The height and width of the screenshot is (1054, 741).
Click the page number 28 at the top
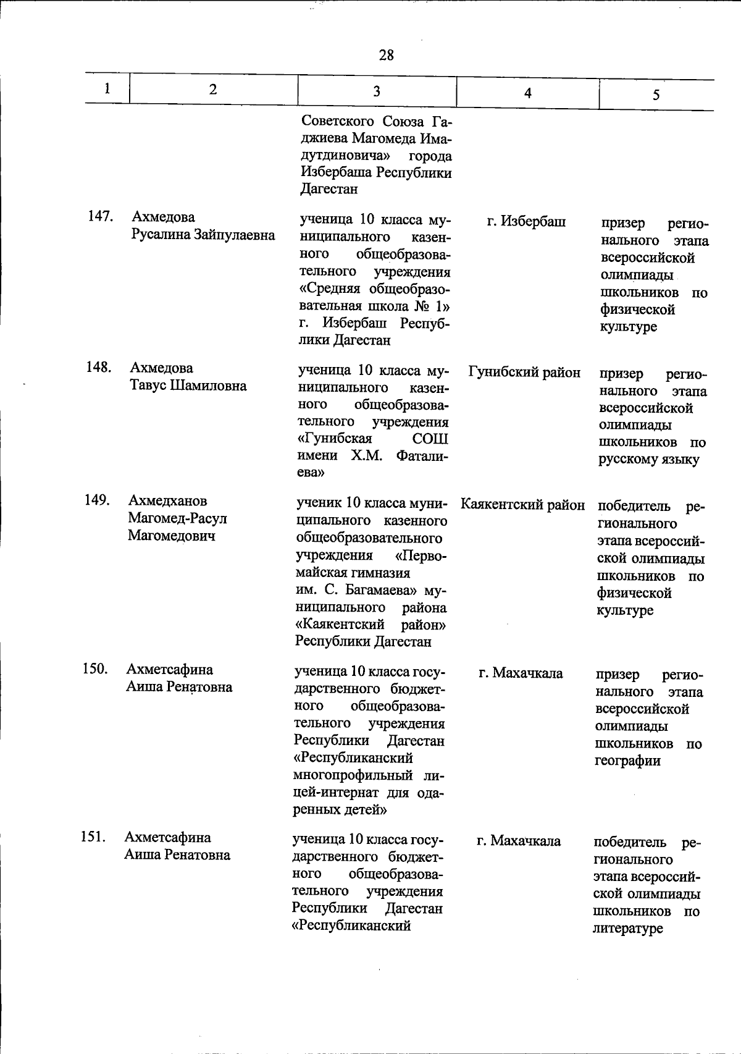(x=387, y=55)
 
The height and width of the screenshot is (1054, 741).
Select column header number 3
(x=376, y=91)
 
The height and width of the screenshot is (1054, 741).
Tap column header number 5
(x=656, y=95)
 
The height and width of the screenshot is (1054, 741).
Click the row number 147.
(x=100, y=216)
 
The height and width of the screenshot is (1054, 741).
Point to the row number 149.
(x=98, y=500)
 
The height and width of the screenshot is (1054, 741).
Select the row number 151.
(x=93, y=837)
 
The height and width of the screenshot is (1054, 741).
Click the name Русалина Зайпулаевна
(x=203, y=235)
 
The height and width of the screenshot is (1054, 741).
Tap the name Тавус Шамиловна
(x=188, y=386)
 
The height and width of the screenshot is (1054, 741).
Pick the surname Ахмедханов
(x=168, y=500)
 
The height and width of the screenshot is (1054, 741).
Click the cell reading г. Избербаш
(x=526, y=221)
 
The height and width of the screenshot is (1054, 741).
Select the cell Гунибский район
(x=524, y=372)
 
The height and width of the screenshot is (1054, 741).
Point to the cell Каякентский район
(x=523, y=505)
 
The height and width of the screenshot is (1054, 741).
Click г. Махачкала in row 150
(x=521, y=673)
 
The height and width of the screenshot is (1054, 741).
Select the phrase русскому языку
(x=648, y=460)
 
